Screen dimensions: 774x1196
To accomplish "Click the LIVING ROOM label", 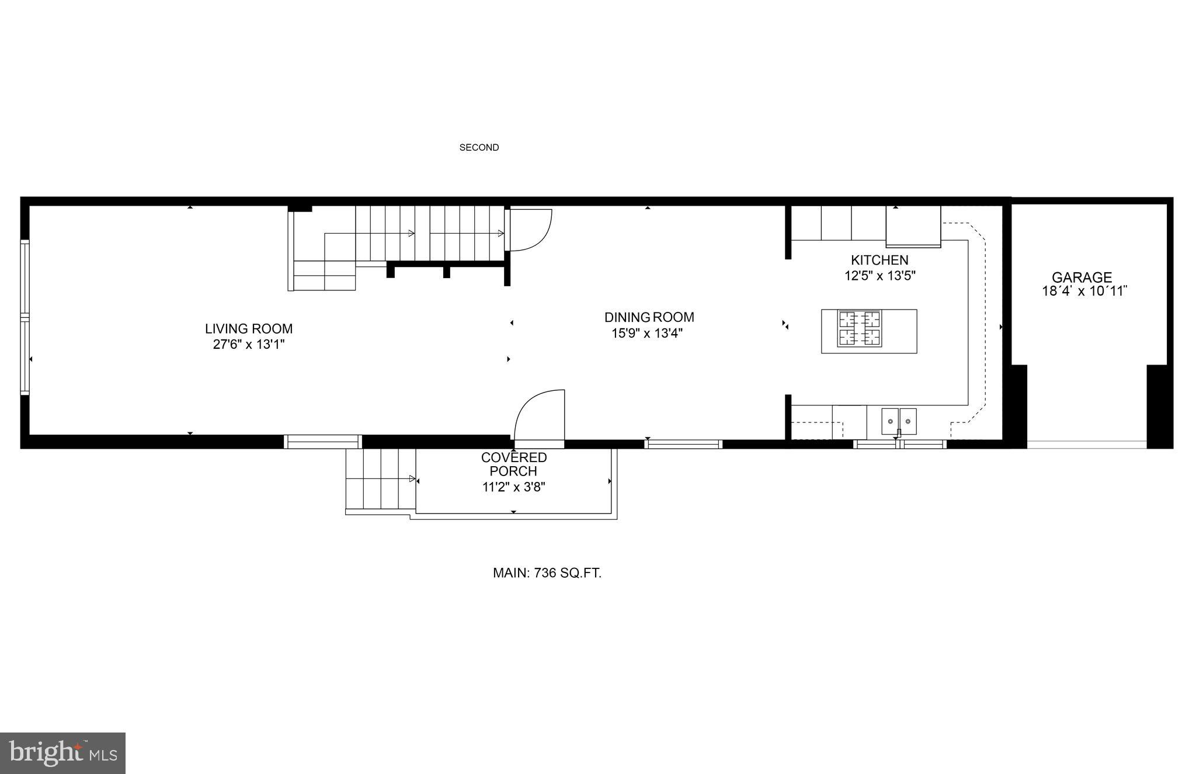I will point(248,329).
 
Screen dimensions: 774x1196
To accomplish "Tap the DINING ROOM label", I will point(649,317).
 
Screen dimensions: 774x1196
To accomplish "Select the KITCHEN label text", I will point(879,260).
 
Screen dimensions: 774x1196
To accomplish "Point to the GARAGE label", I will point(1082,277).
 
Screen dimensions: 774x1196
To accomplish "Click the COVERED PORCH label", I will point(513,464).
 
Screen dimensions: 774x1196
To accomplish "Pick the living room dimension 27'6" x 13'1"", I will point(248,345).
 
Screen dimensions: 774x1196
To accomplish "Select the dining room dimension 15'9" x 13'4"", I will point(647,334).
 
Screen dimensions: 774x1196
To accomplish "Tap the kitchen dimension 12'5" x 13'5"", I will point(879,276).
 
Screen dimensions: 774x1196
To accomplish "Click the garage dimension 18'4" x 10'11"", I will point(1084,291).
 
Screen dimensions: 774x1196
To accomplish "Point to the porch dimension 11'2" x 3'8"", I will point(513,487).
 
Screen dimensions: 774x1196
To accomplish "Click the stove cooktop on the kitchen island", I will point(860,328).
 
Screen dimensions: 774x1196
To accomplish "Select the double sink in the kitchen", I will point(899,419).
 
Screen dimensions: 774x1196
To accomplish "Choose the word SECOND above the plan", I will point(479,148).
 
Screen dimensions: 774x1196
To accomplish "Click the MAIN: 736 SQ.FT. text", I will point(547,573).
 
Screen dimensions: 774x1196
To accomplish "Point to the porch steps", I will point(380,479).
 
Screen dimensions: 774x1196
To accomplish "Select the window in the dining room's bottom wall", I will point(683,445).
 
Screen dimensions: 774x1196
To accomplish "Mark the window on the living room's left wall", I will point(25,317).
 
